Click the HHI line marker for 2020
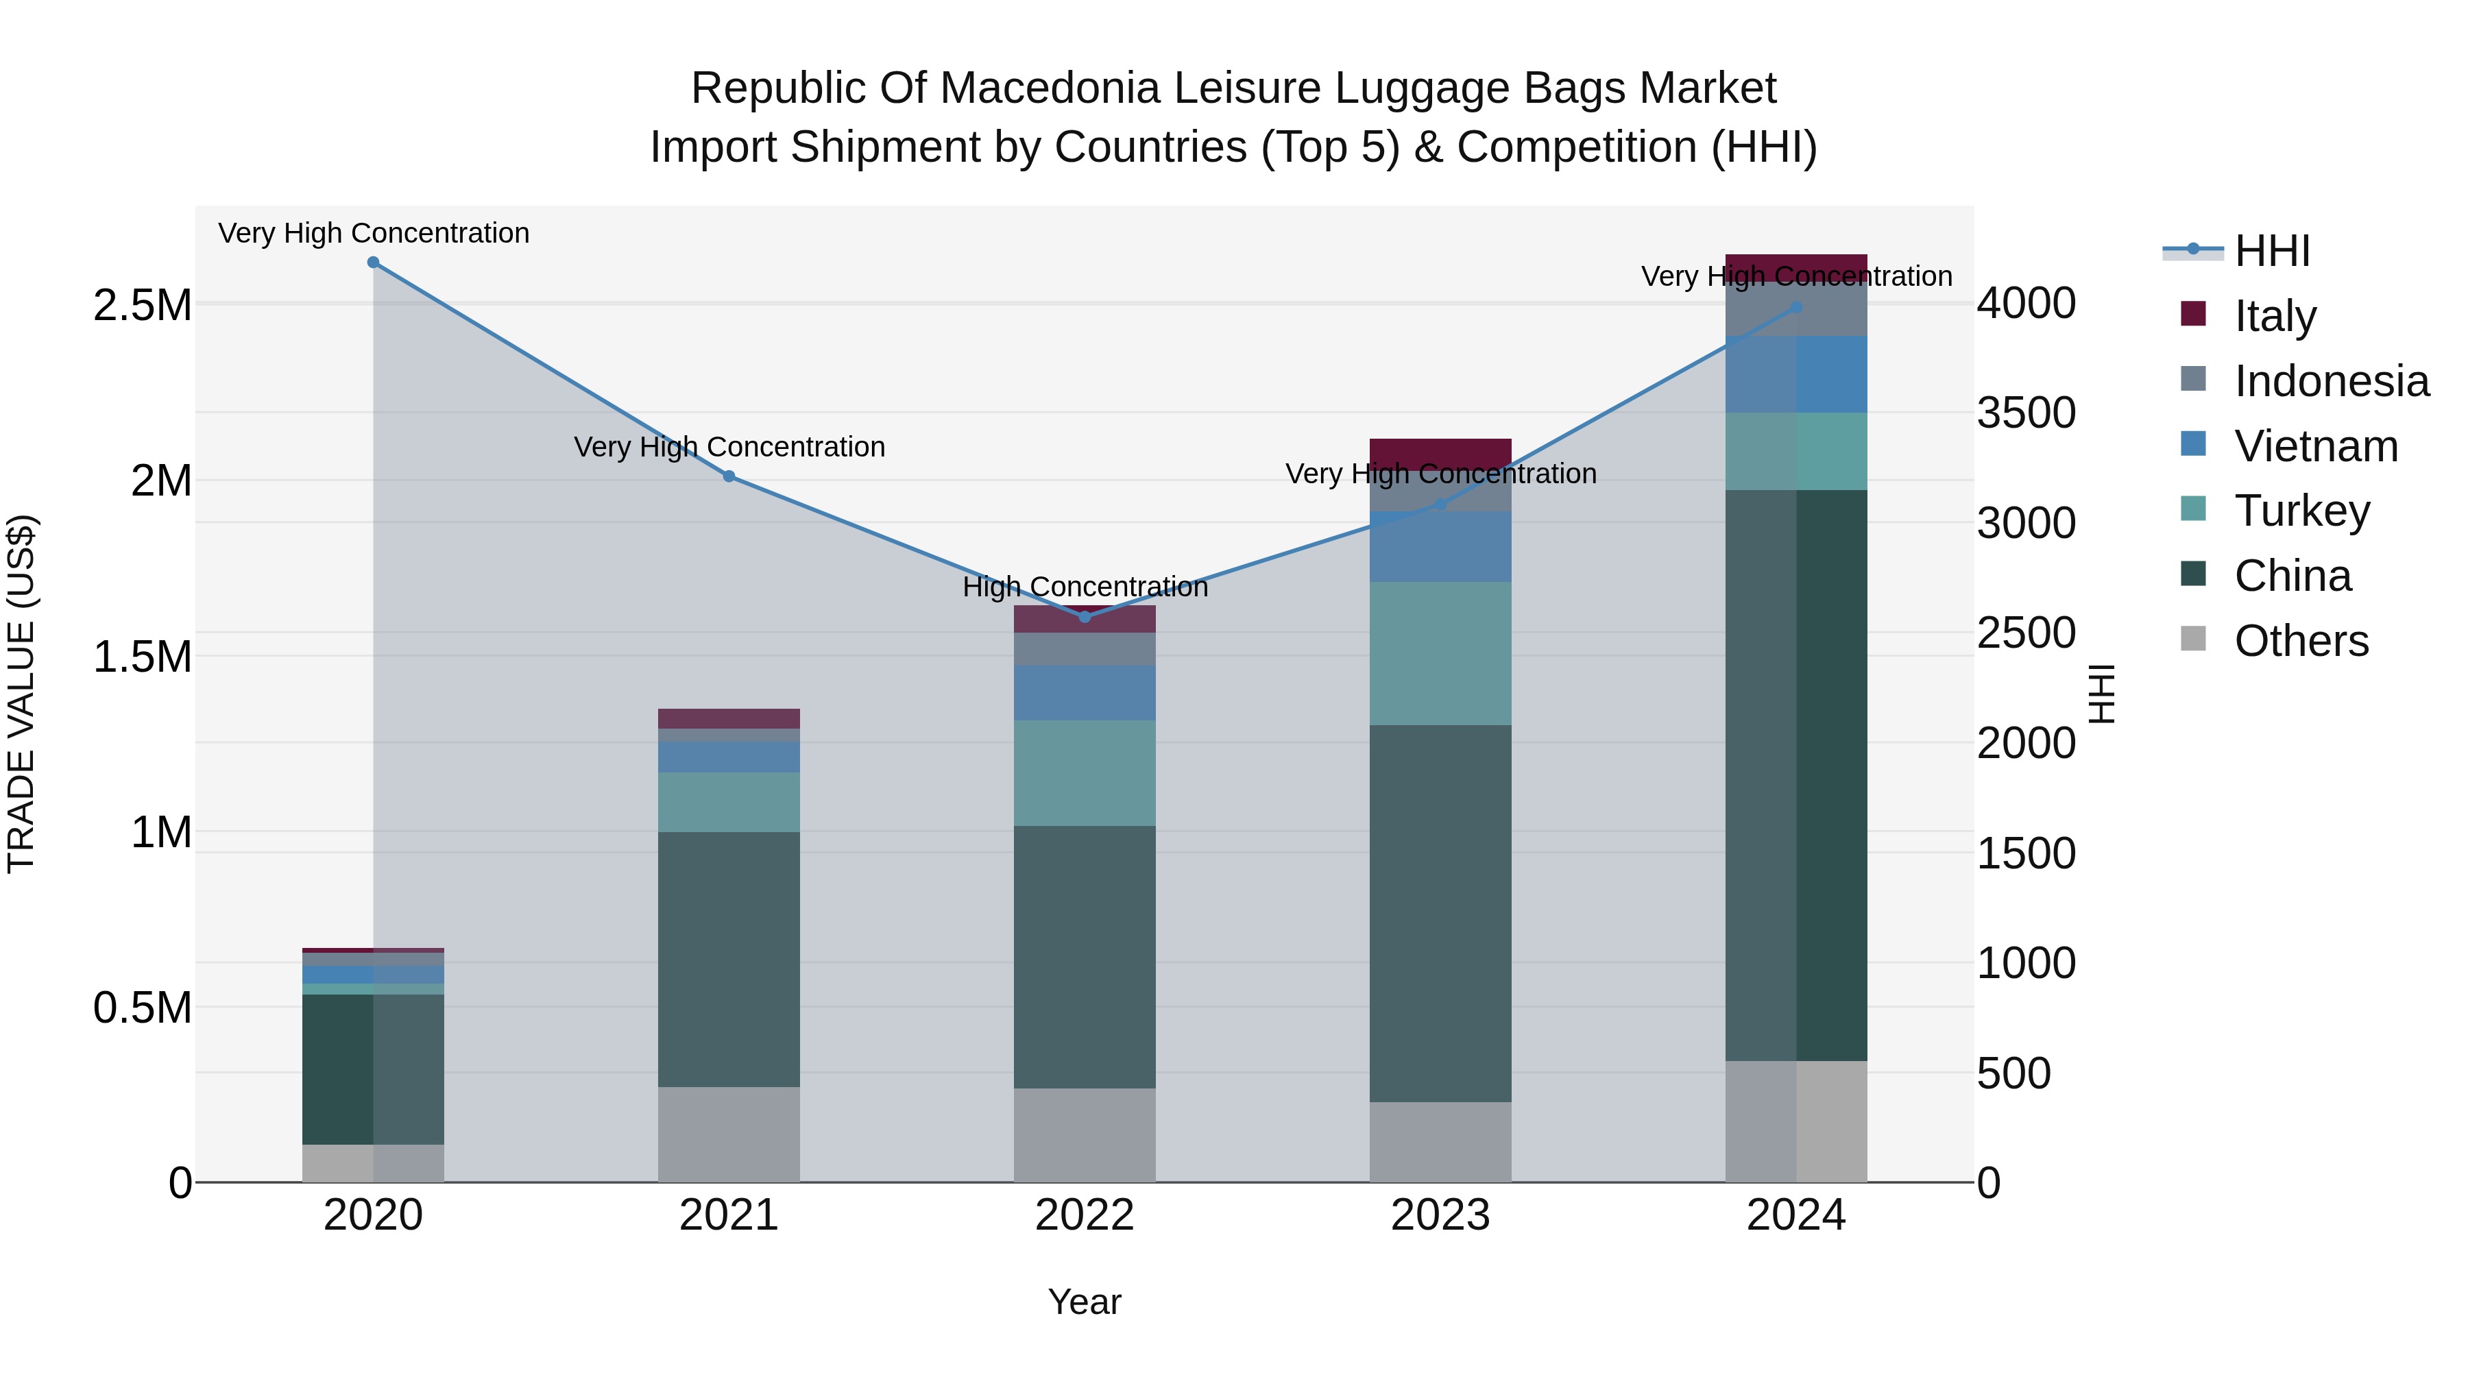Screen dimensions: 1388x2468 [374, 263]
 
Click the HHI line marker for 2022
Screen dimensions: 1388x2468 [1085, 617]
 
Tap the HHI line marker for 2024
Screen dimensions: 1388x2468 [1796, 308]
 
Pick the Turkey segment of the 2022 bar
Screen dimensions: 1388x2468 [1085, 773]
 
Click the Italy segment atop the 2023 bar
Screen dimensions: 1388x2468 [1440, 454]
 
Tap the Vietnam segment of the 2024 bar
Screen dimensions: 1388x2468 [1796, 374]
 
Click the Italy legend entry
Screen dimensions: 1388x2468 [2275, 315]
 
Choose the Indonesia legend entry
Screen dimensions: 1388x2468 [2330, 381]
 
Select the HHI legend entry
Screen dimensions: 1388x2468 [2271, 251]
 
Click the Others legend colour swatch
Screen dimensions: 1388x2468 [2193, 639]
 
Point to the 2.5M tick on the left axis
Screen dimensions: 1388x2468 [142, 306]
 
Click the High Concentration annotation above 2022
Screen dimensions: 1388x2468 [1085, 587]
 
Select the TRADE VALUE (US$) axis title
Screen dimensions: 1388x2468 [21, 694]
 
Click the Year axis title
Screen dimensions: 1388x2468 [1085, 1302]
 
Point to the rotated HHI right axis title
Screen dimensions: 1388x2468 [2101, 694]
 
